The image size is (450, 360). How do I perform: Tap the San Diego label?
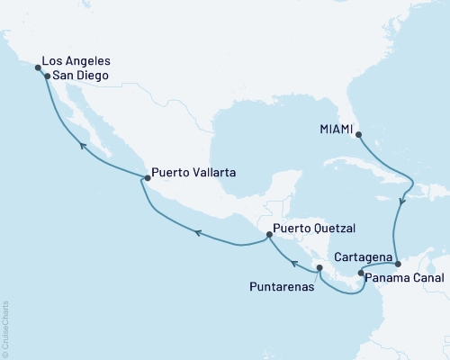tap(81, 77)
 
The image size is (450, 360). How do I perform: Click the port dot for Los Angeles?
tap(38, 67)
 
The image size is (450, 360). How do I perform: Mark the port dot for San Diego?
tap(47, 77)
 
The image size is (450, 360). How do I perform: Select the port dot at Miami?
tap(359, 136)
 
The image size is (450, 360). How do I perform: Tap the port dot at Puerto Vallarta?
tap(144, 178)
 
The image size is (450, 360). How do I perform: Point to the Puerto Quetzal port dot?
tap(269, 237)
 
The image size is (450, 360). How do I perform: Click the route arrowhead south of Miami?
tap(402, 202)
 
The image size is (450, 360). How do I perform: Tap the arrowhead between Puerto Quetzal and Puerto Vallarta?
tap(198, 234)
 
